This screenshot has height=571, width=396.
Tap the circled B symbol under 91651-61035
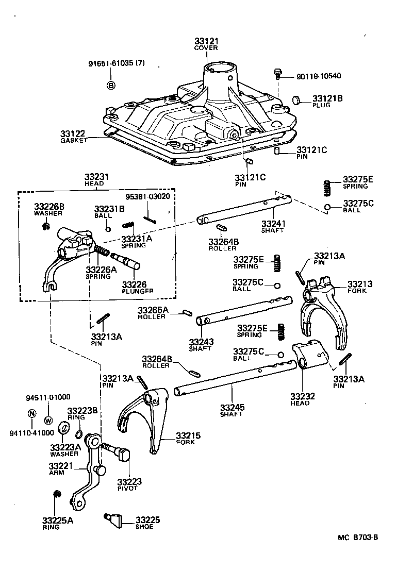[x=111, y=86]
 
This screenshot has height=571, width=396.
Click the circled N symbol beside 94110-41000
[x=32, y=413]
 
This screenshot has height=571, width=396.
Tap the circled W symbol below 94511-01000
[x=48, y=419]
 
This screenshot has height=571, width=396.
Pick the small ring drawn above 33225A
[x=58, y=495]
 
